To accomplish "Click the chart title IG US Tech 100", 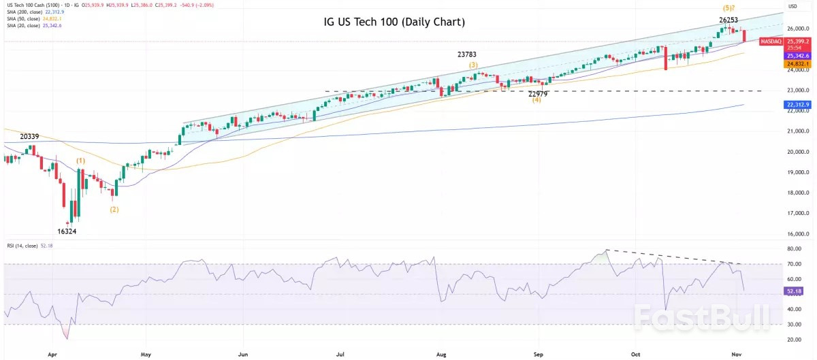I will click(394, 22).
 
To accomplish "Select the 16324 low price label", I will click(67, 231).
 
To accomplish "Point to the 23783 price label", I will click(471, 54).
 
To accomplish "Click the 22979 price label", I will click(537, 93).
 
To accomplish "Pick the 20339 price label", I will click(29, 137).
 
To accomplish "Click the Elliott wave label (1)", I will click(81, 161).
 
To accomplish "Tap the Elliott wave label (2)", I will click(114, 210).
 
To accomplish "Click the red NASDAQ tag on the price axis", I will click(771, 42).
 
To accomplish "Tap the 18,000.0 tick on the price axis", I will click(797, 193).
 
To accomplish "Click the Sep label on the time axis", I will click(538, 355).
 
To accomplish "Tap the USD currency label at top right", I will click(792, 6).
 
